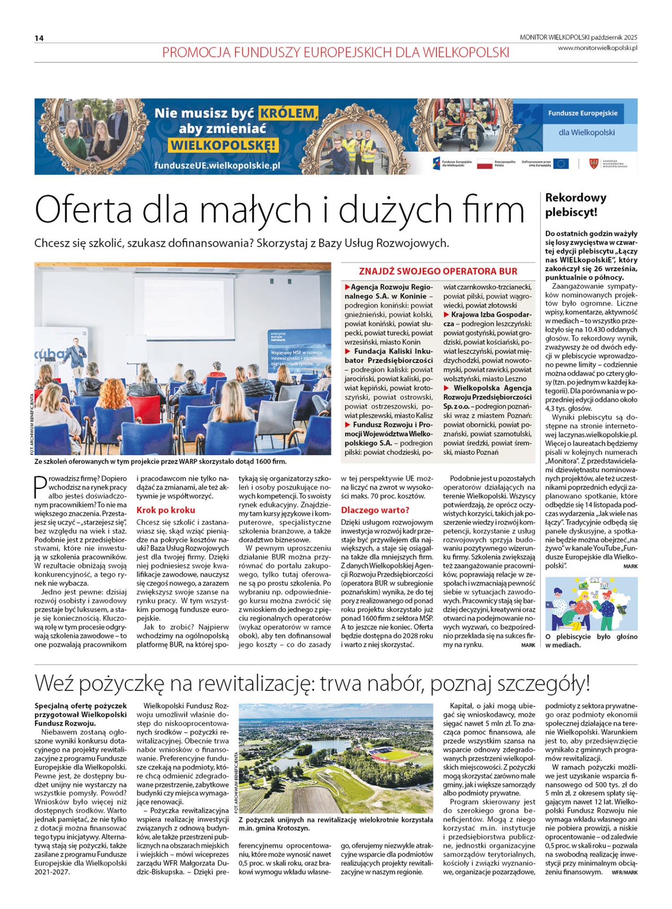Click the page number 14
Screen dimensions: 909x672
click(x=39, y=38)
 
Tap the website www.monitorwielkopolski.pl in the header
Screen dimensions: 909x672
click(x=597, y=48)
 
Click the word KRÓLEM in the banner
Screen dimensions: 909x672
click(x=288, y=114)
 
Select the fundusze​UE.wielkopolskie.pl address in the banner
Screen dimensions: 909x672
click(x=217, y=166)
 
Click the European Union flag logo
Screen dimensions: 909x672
click(x=561, y=164)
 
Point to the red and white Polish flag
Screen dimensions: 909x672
click(x=484, y=164)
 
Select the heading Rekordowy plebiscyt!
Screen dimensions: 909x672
click(x=575, y=205)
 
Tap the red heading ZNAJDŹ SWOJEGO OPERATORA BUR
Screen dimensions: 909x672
click(x=438, y=271)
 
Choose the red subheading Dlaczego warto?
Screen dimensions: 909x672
click(x=375, y=510)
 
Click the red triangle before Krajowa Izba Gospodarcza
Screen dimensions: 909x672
click(x=446, y=315)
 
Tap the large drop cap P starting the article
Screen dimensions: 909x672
click(x=40, y=487)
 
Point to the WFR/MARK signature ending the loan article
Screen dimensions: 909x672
click(x=624, y=872)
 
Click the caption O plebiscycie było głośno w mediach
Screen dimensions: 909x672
click(x=591, y=641)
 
